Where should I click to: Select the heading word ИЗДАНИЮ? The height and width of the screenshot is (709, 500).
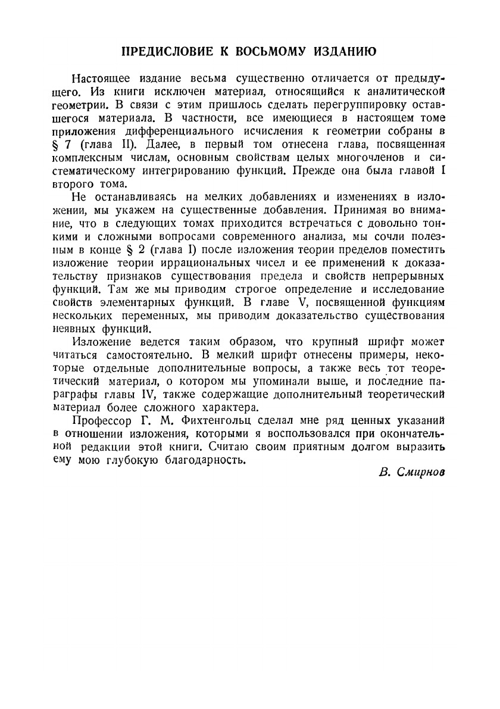pos(347,52)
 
